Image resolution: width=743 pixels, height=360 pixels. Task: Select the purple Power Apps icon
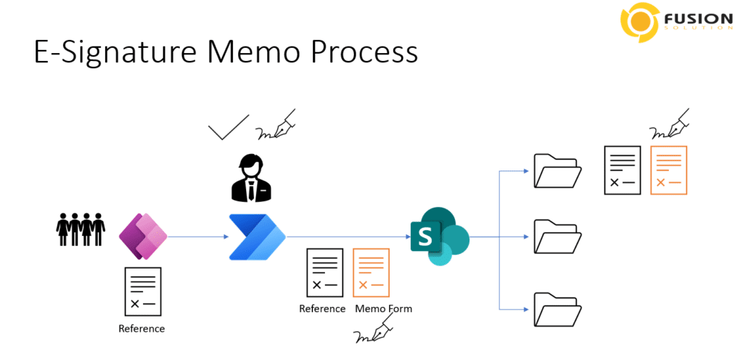pos(143,237)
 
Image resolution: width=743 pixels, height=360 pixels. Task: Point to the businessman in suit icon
pos(253,178)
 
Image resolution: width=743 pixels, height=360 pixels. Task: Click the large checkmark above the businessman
pos(229,127)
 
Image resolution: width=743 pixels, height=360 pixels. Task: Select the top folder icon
pos(558,171)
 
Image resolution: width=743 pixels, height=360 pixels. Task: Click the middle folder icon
pos(558,236)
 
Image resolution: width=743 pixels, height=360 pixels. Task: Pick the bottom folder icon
pos(558,309)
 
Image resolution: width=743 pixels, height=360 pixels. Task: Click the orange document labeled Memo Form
pos(371,273)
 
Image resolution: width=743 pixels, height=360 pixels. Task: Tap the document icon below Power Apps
pos(143,292)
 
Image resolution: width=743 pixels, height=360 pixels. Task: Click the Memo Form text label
pos(384,309)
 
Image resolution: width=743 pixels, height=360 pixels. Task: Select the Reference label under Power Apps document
pos(141,328)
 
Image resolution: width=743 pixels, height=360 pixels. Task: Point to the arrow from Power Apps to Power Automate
pos(198,237)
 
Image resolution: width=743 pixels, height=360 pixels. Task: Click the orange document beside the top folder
pos(668,170)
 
